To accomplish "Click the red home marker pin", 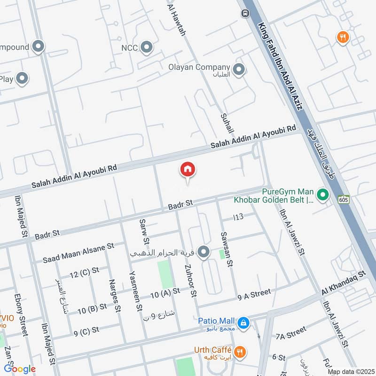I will click(x=188, y=170).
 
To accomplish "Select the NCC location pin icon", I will click(x=148, y=47).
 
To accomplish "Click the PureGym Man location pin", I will click(x=322, y=194).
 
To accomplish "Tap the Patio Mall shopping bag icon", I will click(x=243, y=322).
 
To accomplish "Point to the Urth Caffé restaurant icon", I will click(x=240, y=351).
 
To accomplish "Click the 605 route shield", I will click(x=343, y=199).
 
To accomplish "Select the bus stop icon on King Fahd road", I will click(x=245, y=13).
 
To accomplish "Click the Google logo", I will click(x=20, y=369).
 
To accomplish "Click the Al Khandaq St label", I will click(x=344, y=284).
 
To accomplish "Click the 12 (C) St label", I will click(x=84, y=273).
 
